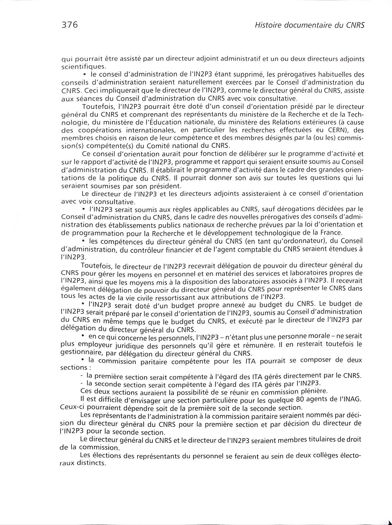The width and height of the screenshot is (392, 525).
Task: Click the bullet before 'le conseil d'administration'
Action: click(85, 75)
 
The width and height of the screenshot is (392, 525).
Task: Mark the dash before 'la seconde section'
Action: click(82, 383)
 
